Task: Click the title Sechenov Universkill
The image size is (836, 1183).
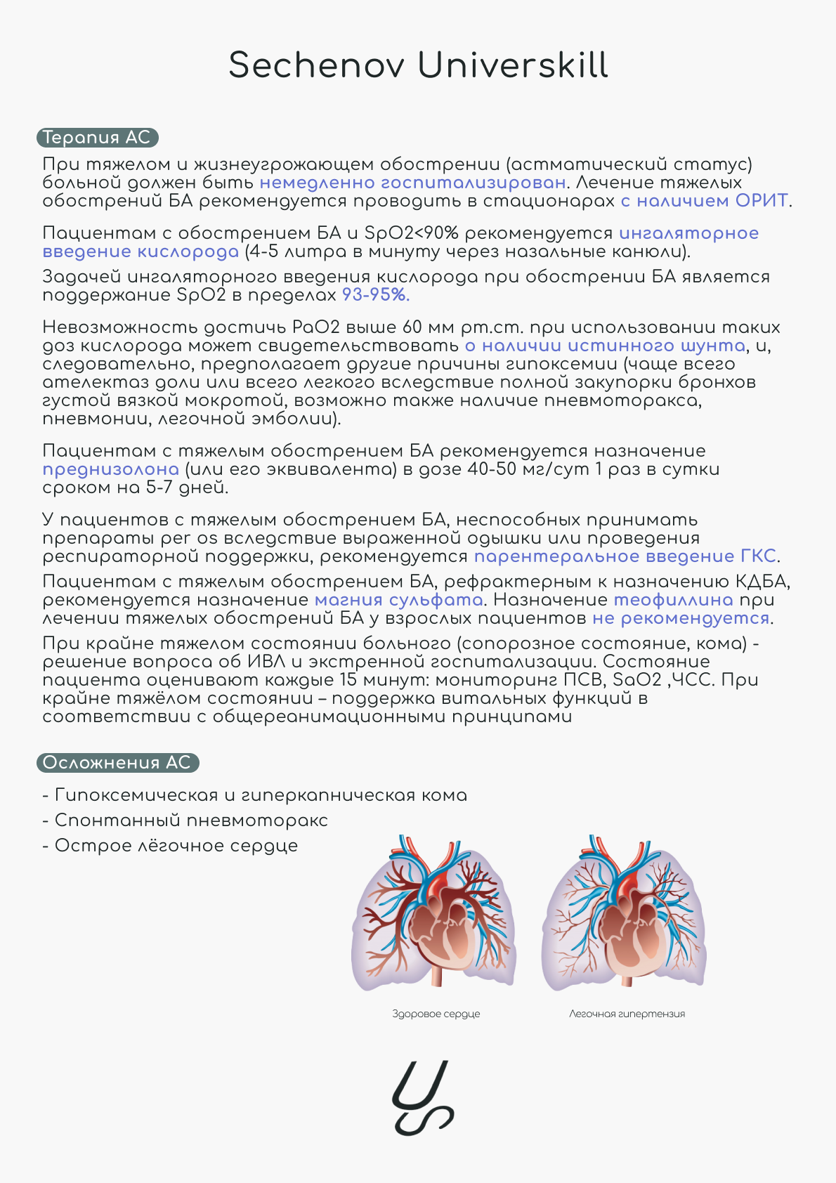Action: tap(418, 65)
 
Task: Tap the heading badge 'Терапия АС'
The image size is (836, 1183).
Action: tap(97, 138)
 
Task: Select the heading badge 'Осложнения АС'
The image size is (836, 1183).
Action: tap(117, 763)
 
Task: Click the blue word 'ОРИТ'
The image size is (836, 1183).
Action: tap(762, 201)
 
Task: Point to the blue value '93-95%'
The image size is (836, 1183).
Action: tap(375, 295)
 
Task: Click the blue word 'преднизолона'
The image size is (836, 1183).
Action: tap(110, 469)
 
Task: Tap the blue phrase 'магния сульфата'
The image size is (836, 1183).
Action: tap(398, 600)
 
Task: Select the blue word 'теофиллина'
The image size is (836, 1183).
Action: tap(673, 600)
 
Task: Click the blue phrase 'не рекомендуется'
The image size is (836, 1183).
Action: tap(681, 618)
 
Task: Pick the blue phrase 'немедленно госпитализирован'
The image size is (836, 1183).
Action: tap(412, 183)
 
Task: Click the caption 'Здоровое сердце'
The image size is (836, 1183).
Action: tap(436, 1014)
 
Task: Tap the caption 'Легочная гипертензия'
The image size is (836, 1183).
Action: tap(627, 1014)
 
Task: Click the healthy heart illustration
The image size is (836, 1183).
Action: tap(434, 913)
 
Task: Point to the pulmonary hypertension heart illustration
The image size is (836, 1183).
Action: tap(624, 913)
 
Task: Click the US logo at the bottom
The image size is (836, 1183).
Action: tap(422, 1097)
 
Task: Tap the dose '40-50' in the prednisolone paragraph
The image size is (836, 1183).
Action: tap(492, 469)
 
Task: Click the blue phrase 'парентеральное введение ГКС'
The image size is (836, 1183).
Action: tap(625, 556)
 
